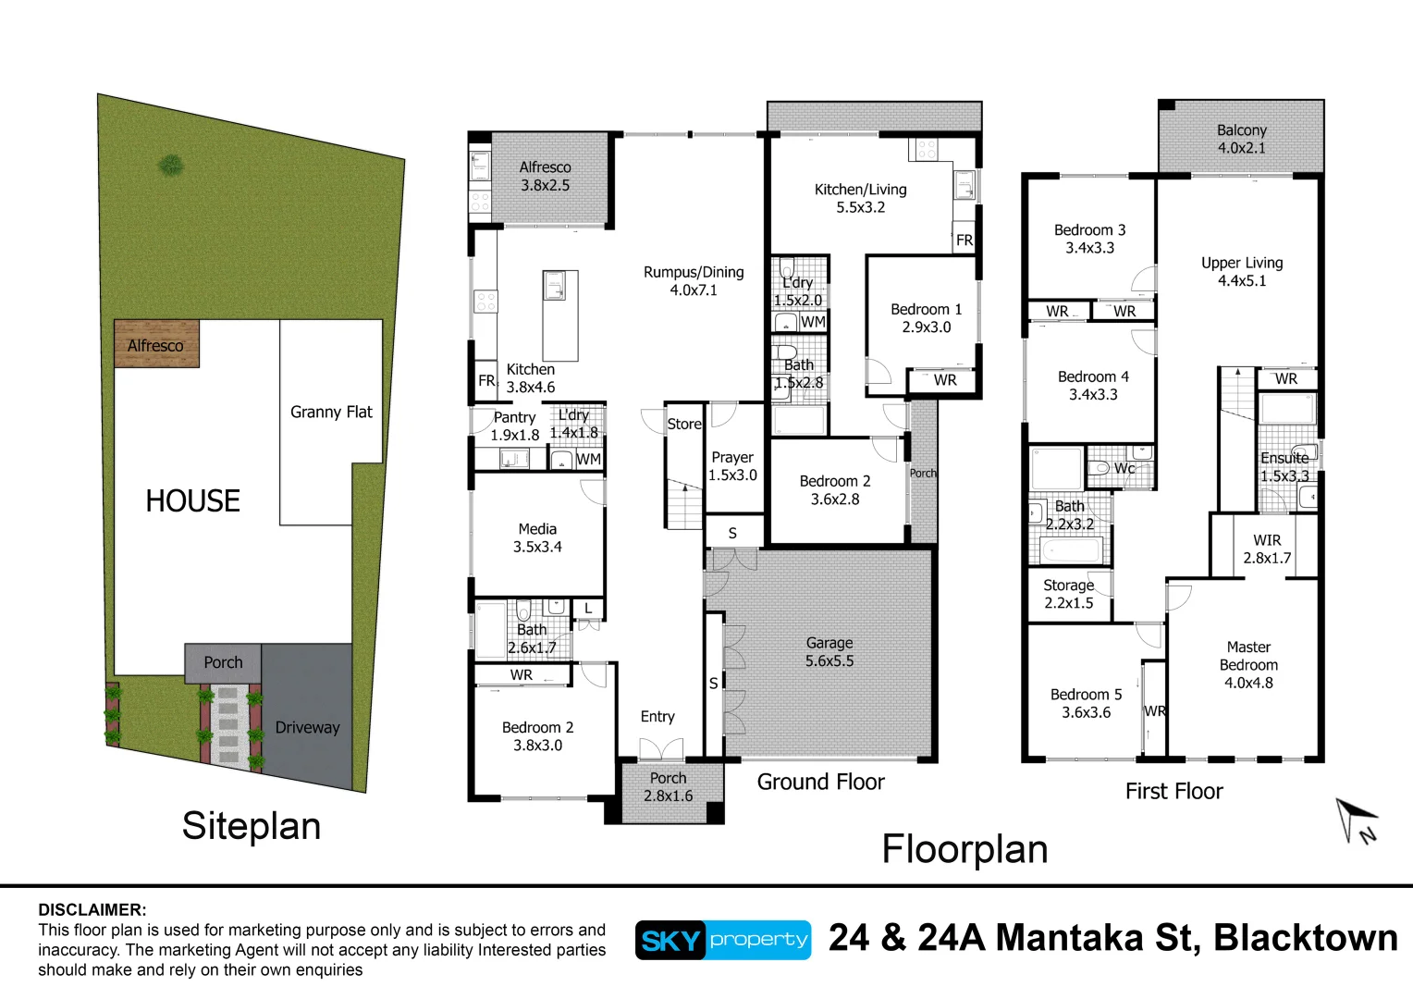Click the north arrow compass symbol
coord(1356,820)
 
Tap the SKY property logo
coord(722,940)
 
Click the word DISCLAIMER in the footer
coord(92,909)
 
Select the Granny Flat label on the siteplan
coord(331,412)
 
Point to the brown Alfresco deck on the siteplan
coord(156,344)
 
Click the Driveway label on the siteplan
coord(307,727)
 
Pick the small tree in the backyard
coord(170,166)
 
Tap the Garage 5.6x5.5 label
coord(829,652)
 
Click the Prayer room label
coord(732,466)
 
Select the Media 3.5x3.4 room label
coord(537,537)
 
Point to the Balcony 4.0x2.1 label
coord(1241,139)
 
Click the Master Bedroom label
coord(1248,664)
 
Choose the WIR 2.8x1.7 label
coord(1267,549)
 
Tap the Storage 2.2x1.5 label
coord(1068,594)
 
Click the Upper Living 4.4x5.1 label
coord(1242,271)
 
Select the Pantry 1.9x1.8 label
coord(514,425)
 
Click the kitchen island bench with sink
coord(559,314)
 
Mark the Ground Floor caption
coord(820,782)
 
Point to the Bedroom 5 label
coord(1086,703)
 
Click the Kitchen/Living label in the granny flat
coord(860,198)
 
